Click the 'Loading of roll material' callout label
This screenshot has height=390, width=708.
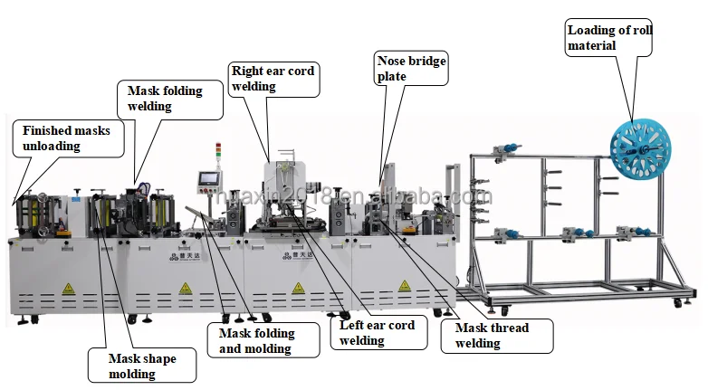pos(608,38)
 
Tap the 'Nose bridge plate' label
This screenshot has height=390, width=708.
pos(411,69)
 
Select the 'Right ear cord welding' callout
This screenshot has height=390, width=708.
pos(273,79)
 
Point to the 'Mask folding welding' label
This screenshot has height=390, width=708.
pos(170,99)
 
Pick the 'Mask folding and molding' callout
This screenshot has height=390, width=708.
pos(263,340)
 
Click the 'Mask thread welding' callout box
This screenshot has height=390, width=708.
pos(497,336)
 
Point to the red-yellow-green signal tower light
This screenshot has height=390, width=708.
pos(217,153)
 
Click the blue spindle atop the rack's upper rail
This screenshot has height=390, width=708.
pos(508,147)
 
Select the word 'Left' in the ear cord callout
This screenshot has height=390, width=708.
pos(352,326)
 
